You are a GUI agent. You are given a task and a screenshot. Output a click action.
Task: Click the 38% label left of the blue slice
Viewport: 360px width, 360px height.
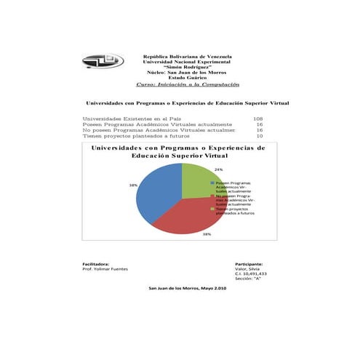(133, 185)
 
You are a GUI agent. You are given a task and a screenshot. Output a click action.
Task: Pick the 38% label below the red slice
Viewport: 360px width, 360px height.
(207, 234)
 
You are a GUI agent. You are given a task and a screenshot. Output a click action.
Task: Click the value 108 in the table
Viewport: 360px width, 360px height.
(257, 118)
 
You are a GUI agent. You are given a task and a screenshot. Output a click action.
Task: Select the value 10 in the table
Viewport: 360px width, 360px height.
(260, 135)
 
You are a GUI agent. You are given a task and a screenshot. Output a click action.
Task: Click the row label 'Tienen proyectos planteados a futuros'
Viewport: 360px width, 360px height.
(136, 135)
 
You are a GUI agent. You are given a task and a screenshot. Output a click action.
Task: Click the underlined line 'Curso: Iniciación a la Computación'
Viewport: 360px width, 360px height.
(187, 84)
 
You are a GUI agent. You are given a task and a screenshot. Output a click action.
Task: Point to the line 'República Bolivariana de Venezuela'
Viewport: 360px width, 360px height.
(187, 56)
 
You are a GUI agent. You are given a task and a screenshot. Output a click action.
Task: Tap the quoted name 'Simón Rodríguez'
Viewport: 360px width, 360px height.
(187, 67)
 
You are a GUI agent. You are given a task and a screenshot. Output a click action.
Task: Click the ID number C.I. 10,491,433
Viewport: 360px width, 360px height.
(251, 273)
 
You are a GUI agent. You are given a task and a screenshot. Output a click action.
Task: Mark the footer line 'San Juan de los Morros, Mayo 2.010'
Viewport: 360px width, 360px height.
(188, 289)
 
